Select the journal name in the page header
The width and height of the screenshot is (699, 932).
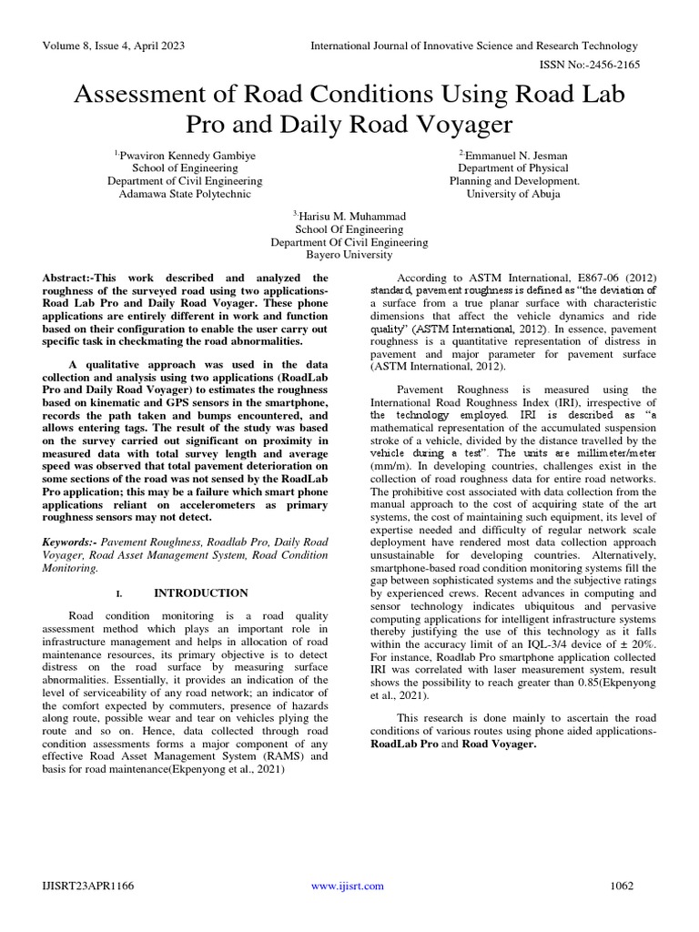coord(474,46)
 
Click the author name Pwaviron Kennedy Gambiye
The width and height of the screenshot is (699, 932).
coord(187,155)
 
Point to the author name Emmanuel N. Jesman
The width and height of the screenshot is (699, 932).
coord(515,155)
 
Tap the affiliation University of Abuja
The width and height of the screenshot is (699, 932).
coord(513,193)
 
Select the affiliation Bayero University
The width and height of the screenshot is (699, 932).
coord(349,255)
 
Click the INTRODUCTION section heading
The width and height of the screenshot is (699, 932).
coord(200,593)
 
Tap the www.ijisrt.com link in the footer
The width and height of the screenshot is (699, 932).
coord(348,886)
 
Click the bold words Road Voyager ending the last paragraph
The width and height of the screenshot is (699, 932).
coord(499,744)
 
